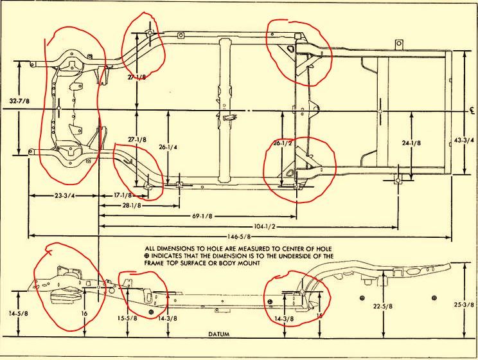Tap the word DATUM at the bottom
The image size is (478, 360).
(218, 335)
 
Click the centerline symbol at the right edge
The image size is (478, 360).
(471, 110)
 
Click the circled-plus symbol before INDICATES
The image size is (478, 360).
(148, 255)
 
